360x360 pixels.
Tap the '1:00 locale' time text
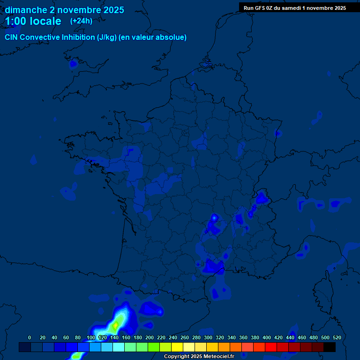[33, 21]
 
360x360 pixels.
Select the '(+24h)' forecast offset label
[81, 21]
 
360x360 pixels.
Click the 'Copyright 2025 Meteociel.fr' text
[199, 357]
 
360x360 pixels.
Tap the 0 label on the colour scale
[30, 337]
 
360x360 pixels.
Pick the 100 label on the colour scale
[91, 337]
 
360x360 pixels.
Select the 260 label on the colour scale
[185, 337]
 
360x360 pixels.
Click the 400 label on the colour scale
[267, 337]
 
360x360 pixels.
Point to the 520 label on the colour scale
[337, 337]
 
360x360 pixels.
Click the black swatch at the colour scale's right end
[330, 347]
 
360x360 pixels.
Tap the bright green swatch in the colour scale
[154, 347]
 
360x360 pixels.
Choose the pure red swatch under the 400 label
[271, 347]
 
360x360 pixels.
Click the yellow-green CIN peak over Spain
[115, 324]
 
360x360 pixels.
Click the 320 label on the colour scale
[220, 337]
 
